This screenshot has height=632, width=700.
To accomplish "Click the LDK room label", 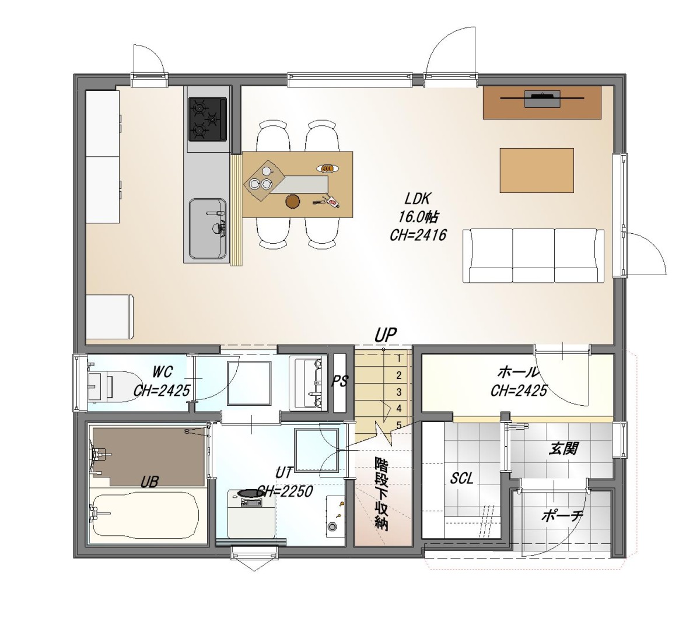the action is coord(417,199).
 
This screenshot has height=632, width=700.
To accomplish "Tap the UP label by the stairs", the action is coord(386,335).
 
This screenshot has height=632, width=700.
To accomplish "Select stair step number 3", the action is coord(399,392).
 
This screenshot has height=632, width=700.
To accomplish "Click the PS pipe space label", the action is coord(339,381).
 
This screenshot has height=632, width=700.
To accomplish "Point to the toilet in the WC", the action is coord(113,385).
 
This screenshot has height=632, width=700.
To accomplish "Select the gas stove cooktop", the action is coord(207,120).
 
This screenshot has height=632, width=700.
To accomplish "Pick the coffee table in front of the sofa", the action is coord(537,170).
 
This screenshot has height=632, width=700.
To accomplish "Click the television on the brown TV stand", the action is coord(542,99).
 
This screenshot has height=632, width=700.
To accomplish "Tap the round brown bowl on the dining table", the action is coord(293,201).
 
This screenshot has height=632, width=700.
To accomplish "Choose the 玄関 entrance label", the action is coord(563,448).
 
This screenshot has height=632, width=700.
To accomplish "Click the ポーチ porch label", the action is coord(562,516).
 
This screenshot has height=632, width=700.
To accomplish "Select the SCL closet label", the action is coord(461,479).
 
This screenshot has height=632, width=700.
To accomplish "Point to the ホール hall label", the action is coord(518,373).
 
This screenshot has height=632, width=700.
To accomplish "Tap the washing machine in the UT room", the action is coord(251,514).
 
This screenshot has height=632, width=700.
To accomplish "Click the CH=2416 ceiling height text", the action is coord(418,235).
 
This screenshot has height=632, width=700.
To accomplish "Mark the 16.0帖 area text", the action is coord(418,217).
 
